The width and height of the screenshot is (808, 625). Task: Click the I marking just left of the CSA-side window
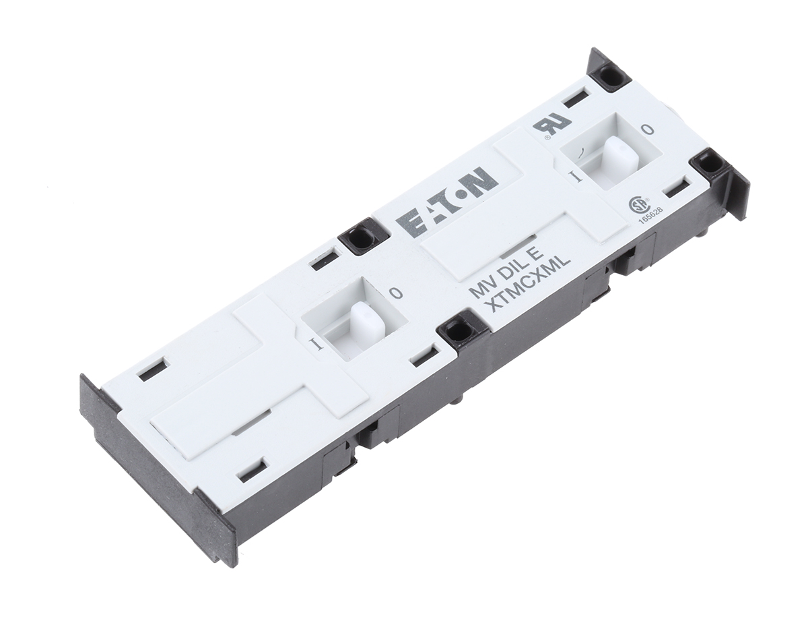(575, 177)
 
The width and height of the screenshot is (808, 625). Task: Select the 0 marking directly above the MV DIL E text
(397, 293)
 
